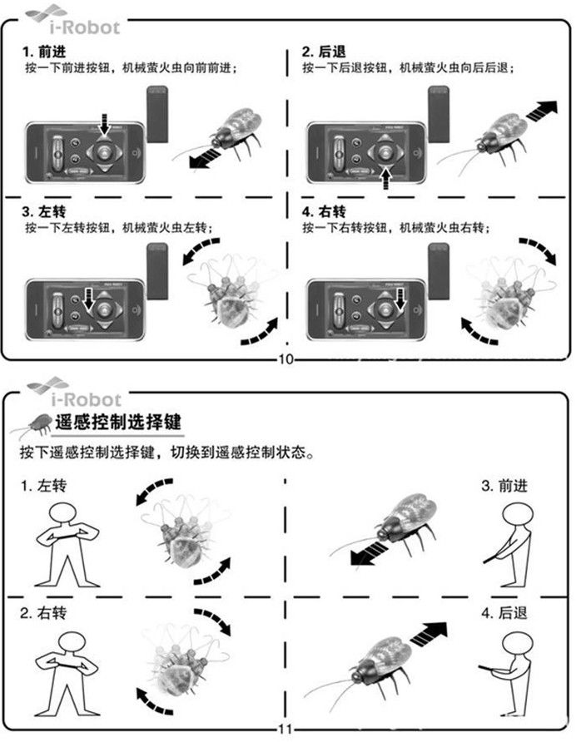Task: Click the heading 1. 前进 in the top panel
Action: pyautogui.click(x=44, y=52)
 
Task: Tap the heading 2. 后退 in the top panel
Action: pyautogui.click(x=324, y=52)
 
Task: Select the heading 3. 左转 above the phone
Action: pyautogui.click(x=44, y=211)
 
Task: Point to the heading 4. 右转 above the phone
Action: pyautogui.click(x=324, y=211)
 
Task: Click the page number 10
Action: pyautogui.click(x=286, y=359)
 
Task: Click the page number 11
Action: pyautogui.click(x=286, y=730)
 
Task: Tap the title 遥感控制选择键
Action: pyautogui.click(x=118, y=422)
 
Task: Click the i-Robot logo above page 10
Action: pyautogui.click(x=73, y=19)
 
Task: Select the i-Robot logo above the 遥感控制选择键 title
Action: pyautogui.click(x=74, y=392)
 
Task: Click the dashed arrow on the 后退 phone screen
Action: pyautogui.click(x=386, y=178)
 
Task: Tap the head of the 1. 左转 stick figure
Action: pyautogui.click(x=62, y=514)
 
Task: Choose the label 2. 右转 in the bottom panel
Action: pyautogui.click(x=43, y=613)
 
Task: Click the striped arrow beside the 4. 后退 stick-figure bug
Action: pyautogui.click(x=429, y=634)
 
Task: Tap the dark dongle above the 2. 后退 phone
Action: pyautogui.click(x=439, y=114)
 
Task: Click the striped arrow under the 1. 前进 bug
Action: pyautogui.click(x=207, y=157)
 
